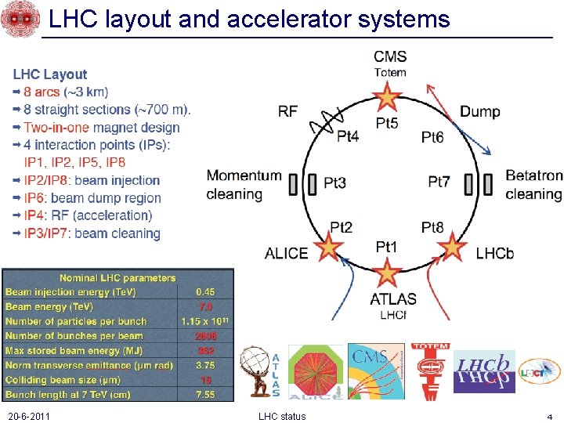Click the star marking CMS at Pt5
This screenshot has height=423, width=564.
385,98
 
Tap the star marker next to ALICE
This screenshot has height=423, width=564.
330,248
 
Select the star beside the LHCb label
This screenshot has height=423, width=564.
452,248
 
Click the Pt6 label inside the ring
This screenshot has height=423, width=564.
432,138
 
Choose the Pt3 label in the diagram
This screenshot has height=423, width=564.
334,183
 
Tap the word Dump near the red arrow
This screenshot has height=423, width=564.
479,112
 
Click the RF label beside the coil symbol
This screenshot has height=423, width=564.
287,112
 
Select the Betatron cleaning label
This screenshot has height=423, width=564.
533,185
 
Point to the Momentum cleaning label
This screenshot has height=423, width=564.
244,185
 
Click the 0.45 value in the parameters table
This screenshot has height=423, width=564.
205,292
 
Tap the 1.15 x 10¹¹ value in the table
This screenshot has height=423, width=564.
205,321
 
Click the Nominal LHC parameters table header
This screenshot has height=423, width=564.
117,278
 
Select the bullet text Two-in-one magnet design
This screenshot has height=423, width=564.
101,128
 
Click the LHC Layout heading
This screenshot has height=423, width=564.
49,74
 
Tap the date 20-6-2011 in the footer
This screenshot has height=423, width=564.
28,416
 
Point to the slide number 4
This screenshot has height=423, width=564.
550,416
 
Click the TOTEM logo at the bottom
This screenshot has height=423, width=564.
429,371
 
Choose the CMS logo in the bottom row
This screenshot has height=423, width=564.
376,371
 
